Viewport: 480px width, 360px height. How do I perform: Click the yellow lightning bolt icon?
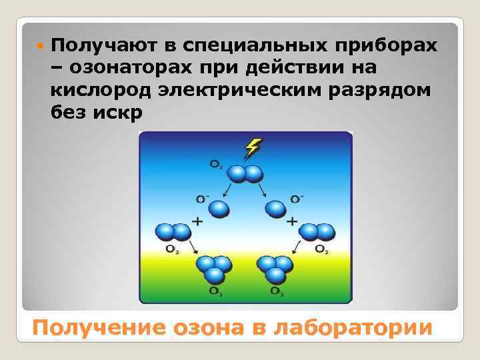[253, 147]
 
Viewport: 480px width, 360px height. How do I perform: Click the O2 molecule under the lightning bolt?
[245, 175]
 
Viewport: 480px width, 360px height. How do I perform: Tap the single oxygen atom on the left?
[219, 209]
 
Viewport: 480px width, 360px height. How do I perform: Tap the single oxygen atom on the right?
[275, 209]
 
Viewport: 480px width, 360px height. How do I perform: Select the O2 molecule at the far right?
[317, 232]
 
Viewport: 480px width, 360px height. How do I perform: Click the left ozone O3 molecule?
[213, 269]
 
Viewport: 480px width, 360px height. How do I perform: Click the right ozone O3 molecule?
[275, 269]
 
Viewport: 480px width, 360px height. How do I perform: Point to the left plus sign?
[197, 220]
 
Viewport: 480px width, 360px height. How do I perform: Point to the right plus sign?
[291, 220]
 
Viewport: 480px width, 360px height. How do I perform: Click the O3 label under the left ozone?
[215, 292]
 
